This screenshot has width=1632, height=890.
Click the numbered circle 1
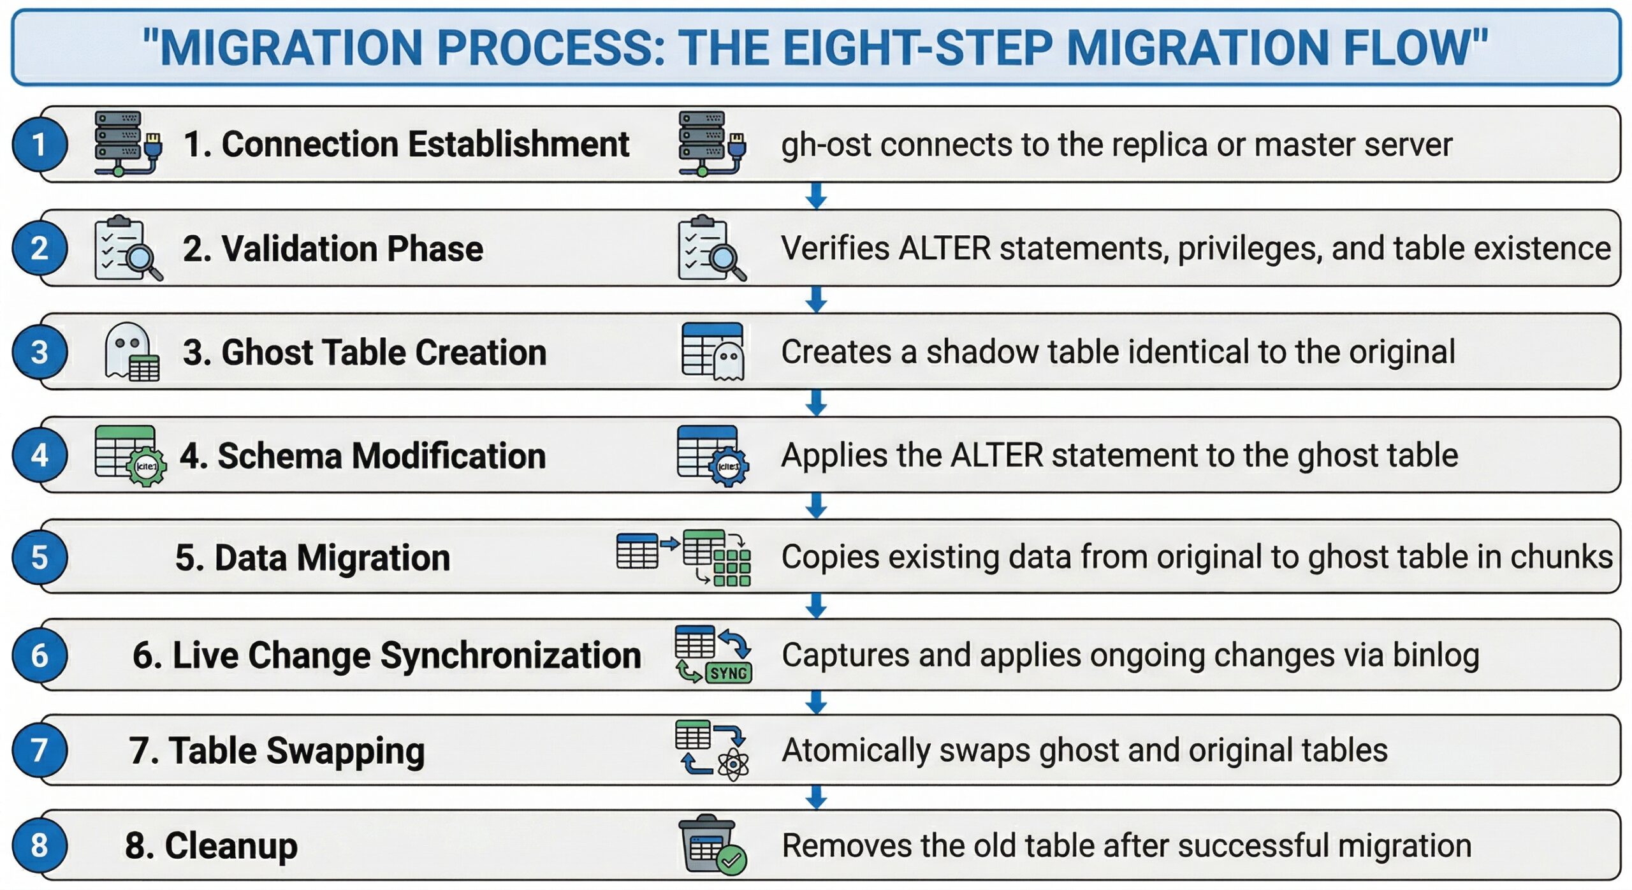point(40,144)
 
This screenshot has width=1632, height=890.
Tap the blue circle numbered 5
point(40,557)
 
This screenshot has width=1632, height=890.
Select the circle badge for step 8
point(40,846)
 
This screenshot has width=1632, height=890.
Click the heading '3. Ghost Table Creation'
point(365,352)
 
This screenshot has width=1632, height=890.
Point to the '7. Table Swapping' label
point(277,750)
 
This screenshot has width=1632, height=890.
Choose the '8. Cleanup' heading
point(211,846)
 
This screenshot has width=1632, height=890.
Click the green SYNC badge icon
point(729,673)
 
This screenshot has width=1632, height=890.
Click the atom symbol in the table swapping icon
point(733,764)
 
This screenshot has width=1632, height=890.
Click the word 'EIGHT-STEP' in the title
point(917,48)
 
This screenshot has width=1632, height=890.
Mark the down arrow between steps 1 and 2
point(816,196)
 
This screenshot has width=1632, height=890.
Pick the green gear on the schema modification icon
point(147,467)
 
